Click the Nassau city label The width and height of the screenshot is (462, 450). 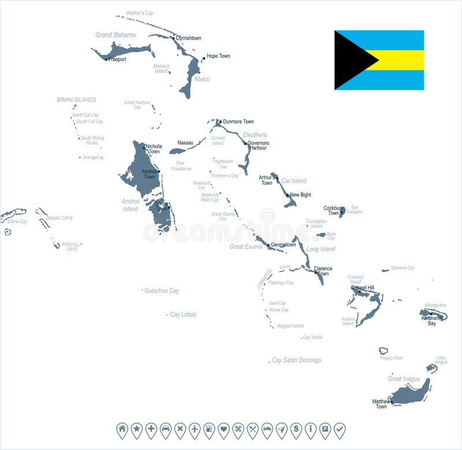(x=185, y=143)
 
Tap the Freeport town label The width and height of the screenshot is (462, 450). (x=117, y=59)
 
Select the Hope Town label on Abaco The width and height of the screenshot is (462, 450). (x=218, y=56)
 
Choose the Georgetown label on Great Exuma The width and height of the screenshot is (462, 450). (x=284, y=245)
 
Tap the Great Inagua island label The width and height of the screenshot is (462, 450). (x=404, y=379)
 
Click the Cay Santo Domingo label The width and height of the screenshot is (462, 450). (x=296, y=360)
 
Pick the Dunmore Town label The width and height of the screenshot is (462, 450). (x=238, y=122)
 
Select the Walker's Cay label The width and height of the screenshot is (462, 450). (x=140, y=13)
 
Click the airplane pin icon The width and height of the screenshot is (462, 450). (x=195, y=429)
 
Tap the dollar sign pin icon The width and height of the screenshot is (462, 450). (x=296, y=429)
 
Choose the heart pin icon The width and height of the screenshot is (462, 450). (x=223, y=429)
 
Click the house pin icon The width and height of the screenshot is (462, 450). (x=122, y=429)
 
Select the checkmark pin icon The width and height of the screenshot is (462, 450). (x=340, y=429)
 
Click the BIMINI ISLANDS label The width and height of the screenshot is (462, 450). (x=76, y=100)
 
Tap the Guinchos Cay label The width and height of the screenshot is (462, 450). (x=162, y=291)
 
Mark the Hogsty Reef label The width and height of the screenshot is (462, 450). (x=391, y=358)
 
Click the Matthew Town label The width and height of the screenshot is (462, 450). (x=381, y=404)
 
